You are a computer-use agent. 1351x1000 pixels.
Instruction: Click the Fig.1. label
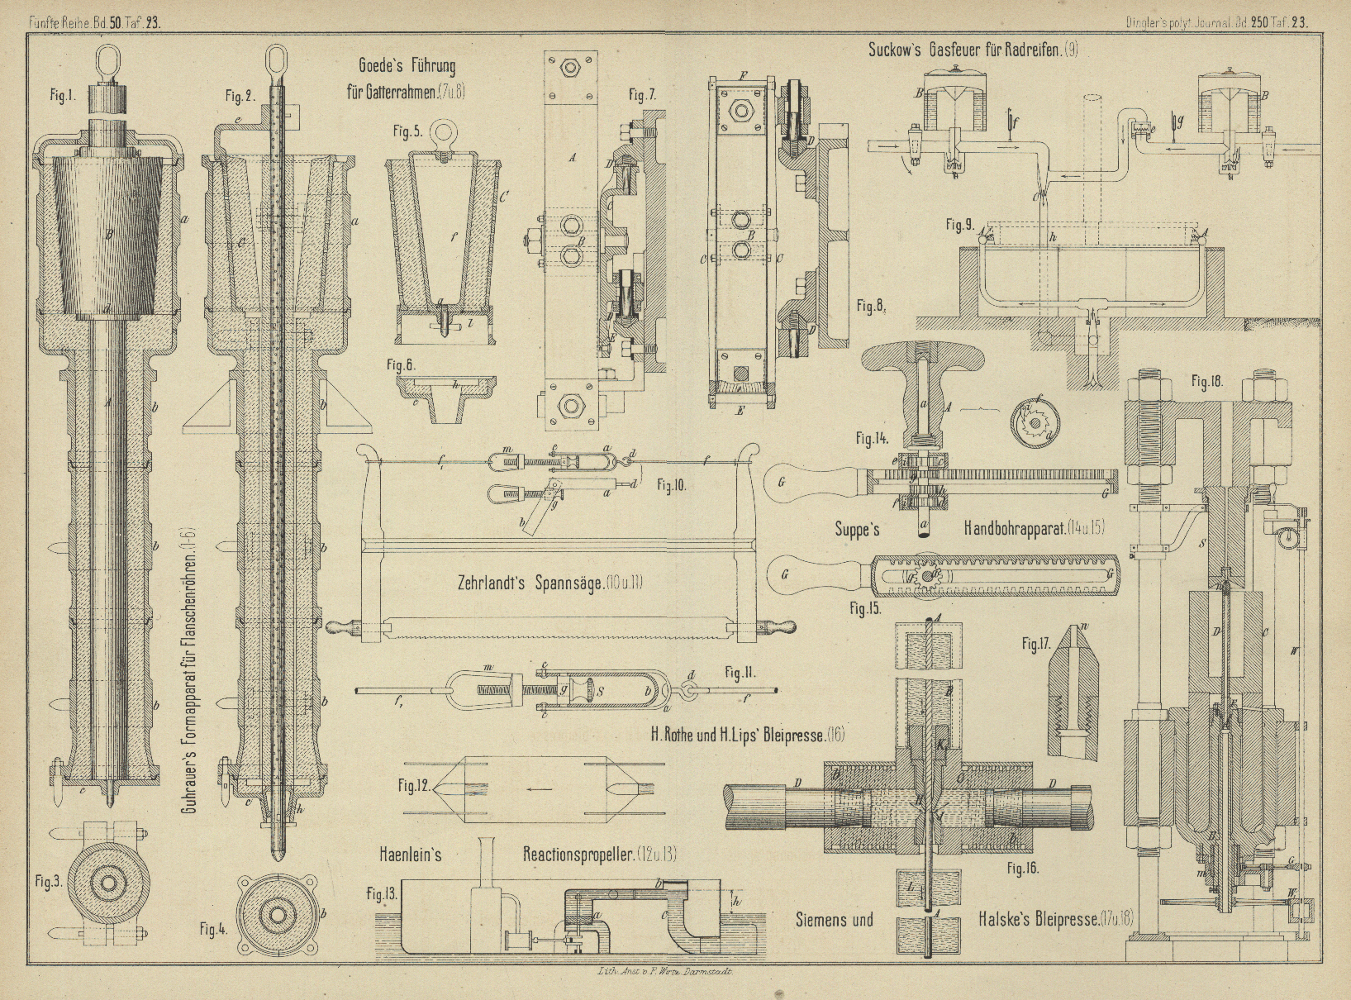(61, 95)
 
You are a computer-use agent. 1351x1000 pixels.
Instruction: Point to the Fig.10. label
(670, 485)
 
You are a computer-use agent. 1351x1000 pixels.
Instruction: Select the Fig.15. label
(864, 608)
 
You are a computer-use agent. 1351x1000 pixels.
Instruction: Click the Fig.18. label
(1207, 381)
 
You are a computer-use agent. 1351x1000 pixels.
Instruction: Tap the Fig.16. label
(1022, 868)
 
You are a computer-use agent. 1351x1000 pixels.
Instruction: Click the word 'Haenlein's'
(411, 855)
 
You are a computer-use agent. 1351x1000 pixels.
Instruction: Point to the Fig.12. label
(414, 786)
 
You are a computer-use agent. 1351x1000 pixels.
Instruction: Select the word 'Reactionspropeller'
(598, 855)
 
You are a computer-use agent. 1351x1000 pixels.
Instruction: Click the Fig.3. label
(48, 882)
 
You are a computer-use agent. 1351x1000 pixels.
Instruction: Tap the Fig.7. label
(641, 95)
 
